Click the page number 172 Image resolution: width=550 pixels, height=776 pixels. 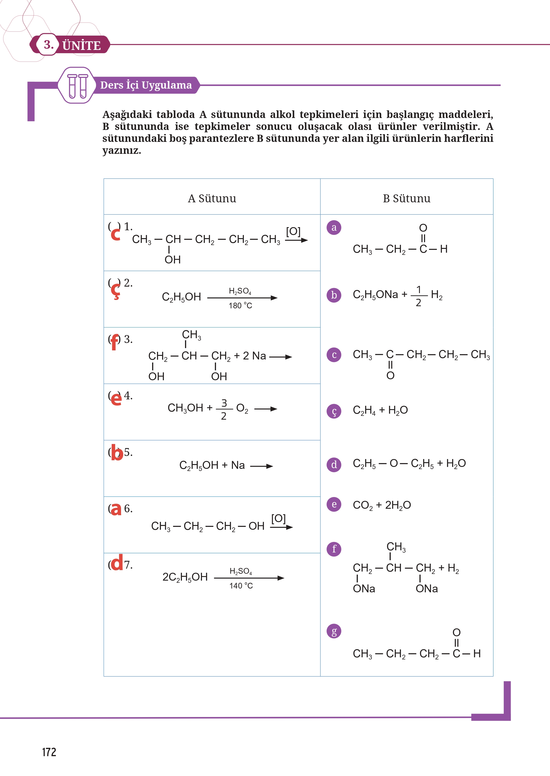point(49,752)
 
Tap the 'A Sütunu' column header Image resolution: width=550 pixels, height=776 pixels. point(212,198)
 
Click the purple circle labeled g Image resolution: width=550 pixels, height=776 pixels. point(334,631)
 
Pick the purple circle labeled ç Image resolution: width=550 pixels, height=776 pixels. point(334,411)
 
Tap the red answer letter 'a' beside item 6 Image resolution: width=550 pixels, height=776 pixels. point(116,509)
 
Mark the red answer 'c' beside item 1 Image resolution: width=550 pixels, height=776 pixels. point(116,234)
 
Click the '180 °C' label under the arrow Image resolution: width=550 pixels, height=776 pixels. point(240,306)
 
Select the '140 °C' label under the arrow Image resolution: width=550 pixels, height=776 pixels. point(241,586)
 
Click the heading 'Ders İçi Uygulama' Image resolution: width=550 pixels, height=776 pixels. point(146,85)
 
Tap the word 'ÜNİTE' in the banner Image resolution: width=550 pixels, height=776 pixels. point(82,45)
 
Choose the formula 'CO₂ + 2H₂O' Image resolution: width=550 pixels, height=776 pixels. point(382,505)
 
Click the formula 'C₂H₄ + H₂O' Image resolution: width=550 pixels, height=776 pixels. point(380,410)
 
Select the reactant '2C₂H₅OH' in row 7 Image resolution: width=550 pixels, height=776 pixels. point(185,577)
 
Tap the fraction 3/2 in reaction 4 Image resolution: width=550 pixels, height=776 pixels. point(224,409)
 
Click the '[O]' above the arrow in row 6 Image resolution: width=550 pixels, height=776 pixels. point(278,518)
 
